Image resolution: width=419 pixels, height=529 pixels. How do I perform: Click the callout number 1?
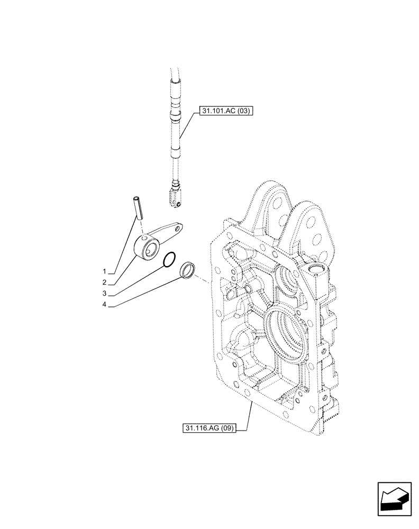point(105,270)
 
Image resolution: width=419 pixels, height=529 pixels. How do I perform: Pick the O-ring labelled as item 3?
point(170,260)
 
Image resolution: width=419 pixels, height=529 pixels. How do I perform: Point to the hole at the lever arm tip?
point(180,229)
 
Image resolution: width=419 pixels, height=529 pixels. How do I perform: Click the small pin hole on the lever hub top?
point(143,237)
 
